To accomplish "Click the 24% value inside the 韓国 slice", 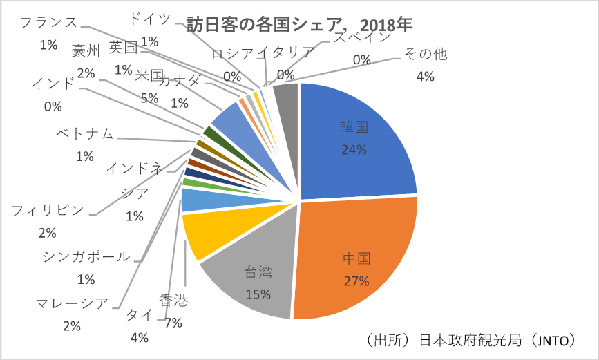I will click(352, 149).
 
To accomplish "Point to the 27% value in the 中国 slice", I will click(356, 281).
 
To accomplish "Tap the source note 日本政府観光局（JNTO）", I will click(470, 340).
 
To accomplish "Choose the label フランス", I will click(48, 22).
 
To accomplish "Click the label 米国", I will click(149, 75).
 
